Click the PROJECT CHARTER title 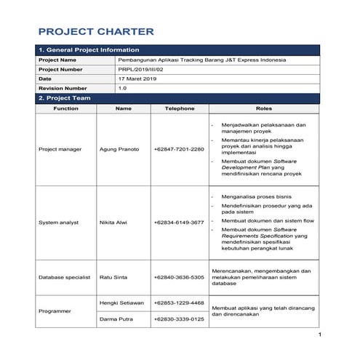click(x=95, y=31)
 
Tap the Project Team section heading click(x=65, y=97)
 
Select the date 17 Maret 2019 click(x=137, y=79)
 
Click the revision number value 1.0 click(x=122, y=88)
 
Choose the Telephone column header click(x=180, y=108)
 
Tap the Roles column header click(x=264, y=108)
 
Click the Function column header click(x=65, y=108)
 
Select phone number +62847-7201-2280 click(x=179, y=149)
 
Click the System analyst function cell click(x=60, y=222)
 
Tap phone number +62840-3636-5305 click(x=179, y=277)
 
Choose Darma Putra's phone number click(x=179, y=319)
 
